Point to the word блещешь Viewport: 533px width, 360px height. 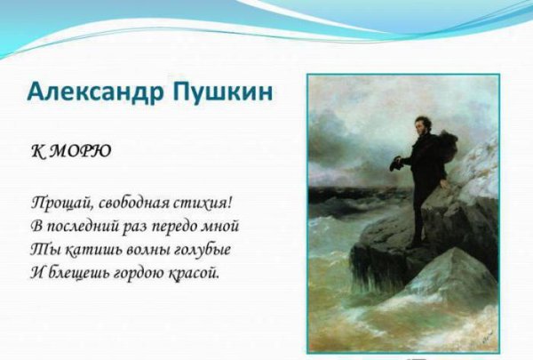(x=79, y=274)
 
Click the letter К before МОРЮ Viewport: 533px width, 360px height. (x=38, y=151)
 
